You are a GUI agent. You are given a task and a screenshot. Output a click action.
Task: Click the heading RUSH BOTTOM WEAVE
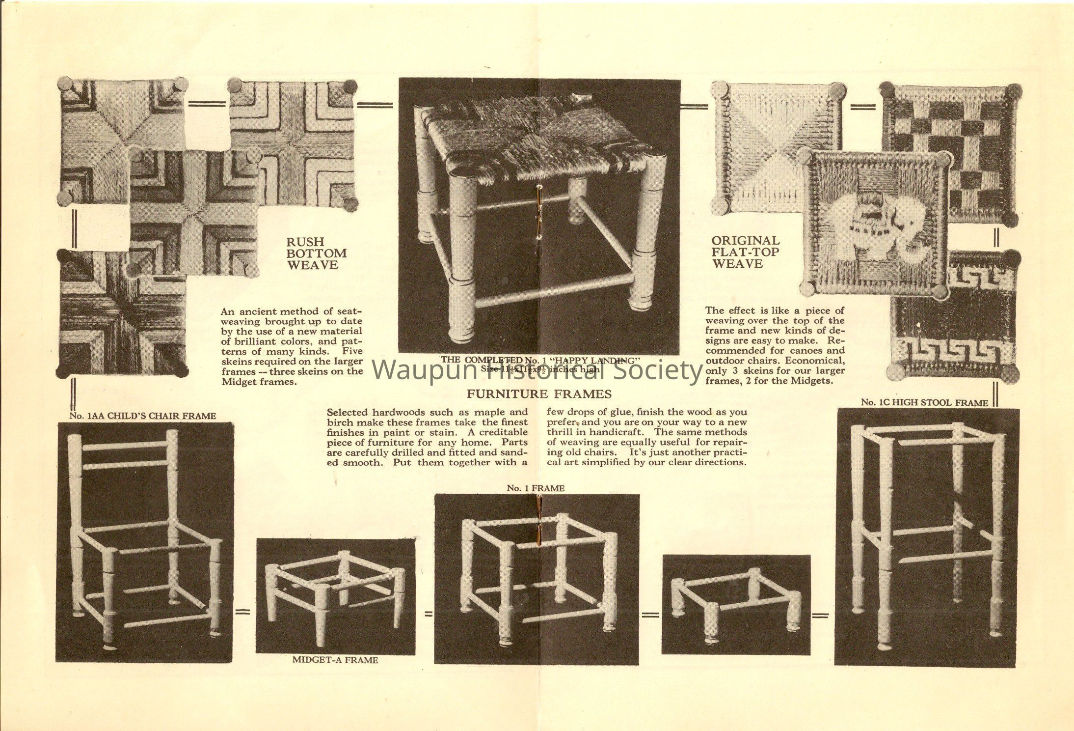click(x=316, y=253)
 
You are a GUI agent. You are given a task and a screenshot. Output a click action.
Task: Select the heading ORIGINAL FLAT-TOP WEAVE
click(x=745, y=252)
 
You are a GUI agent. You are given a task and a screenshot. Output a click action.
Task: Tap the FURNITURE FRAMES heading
click(x=538, y=394)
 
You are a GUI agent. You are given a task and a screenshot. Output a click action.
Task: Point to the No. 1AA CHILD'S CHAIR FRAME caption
click(x=142, y=416)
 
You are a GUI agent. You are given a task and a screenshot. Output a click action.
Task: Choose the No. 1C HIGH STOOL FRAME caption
click(x=924, y=402)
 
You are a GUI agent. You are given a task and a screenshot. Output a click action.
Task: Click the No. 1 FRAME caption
click(x=536, y=488)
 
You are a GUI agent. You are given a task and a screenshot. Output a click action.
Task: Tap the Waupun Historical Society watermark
click(x=537, y=371)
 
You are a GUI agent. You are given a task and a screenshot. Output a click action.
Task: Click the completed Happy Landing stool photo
click(x=539, y=216)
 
